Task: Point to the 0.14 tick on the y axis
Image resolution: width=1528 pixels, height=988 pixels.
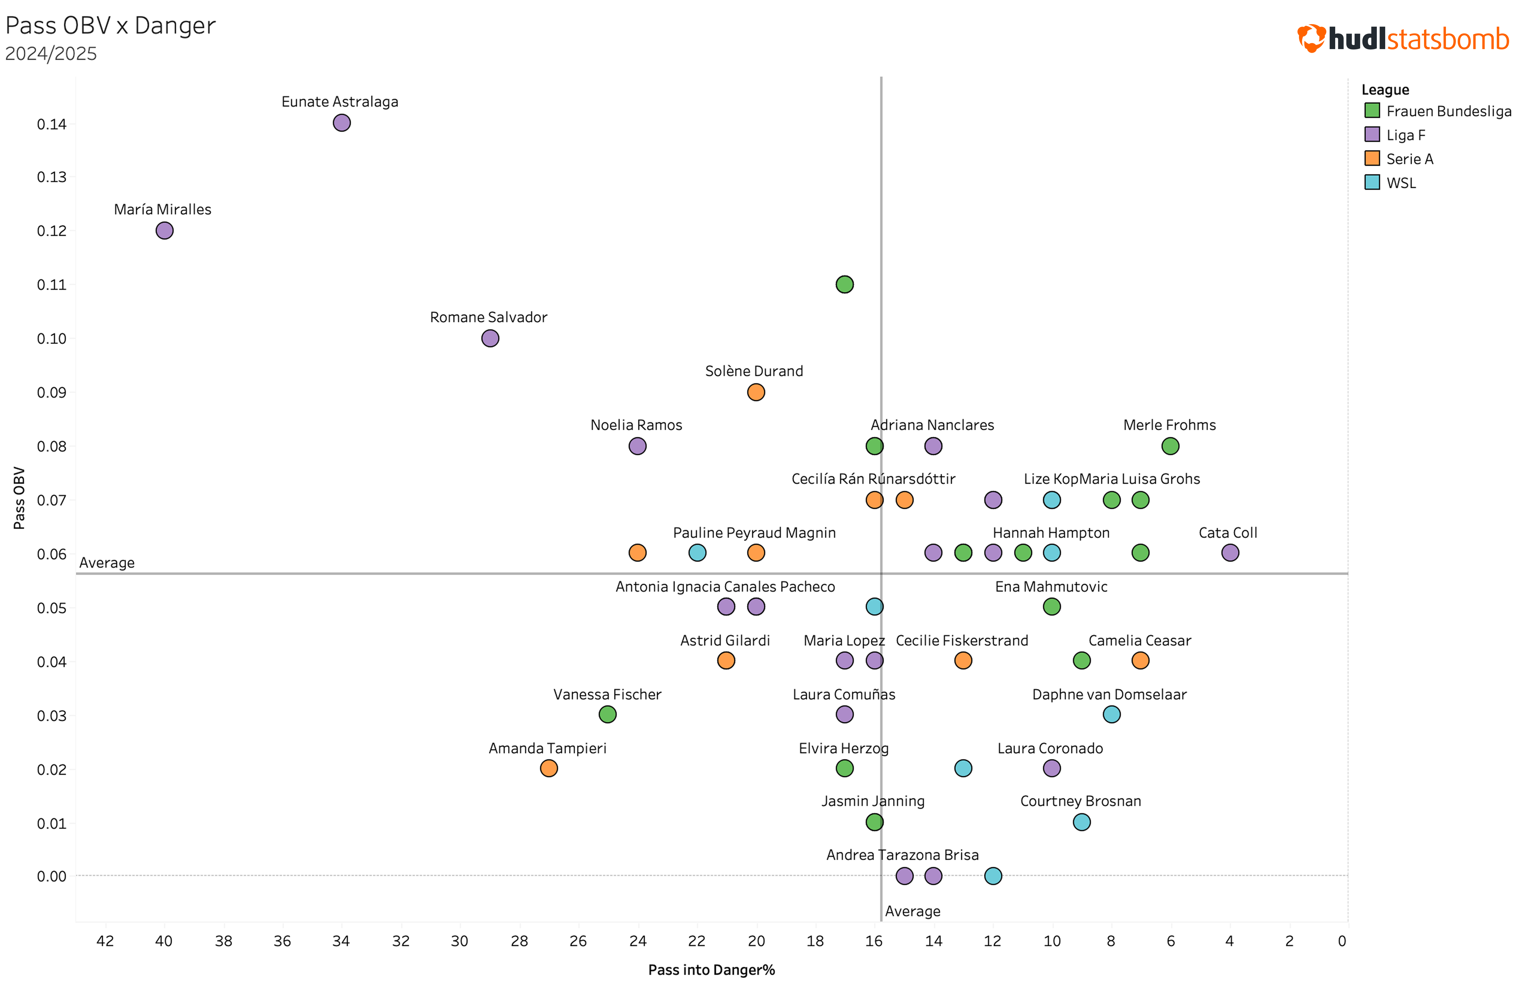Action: click(51, 124)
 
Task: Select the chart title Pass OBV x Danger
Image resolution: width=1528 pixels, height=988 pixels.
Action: click(110, 26)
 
